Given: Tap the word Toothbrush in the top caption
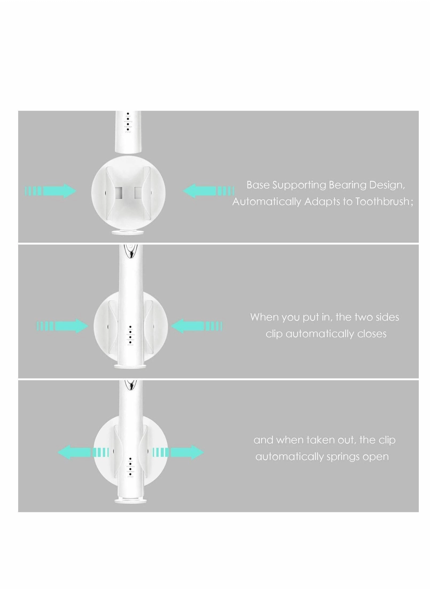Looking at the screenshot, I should [x=382, y=201].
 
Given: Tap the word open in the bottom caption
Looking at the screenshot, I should [x=377, y=456].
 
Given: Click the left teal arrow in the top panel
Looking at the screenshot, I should [x=51, y=191].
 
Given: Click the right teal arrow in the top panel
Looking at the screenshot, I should [x=208, y=191].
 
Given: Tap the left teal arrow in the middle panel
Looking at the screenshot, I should [x=62, y=326].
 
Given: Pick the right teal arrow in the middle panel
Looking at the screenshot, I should [x=196, y=326].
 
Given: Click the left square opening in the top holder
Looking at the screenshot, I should [x=119, y=192].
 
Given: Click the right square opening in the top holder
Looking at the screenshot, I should [x=138, y=192].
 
